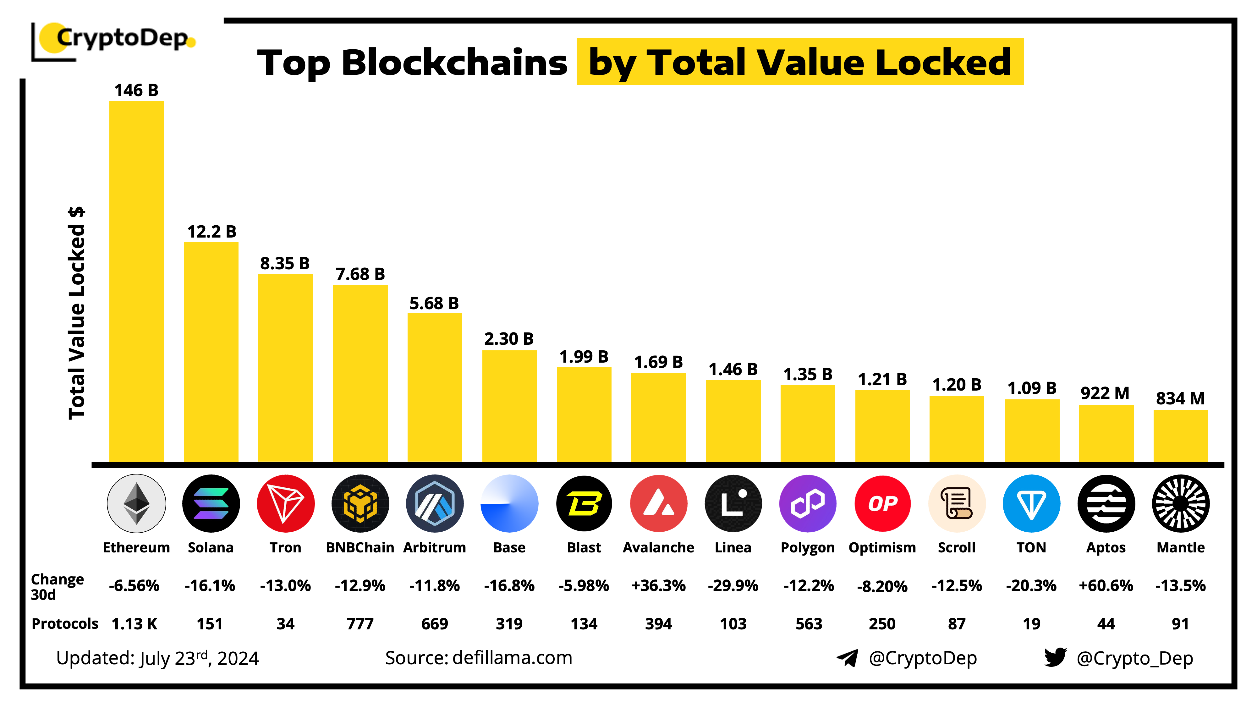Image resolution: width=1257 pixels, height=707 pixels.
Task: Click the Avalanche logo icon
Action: pos(658,503)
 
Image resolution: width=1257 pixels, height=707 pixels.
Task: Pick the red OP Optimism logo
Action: pos(882,503)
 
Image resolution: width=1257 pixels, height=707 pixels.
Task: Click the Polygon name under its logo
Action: pos(808,547)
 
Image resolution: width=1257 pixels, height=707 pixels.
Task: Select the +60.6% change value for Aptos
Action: pos(1106,585)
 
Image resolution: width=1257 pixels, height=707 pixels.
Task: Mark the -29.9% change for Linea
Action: pos(733,585)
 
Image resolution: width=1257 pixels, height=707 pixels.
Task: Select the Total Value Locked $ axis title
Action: pos(77,312)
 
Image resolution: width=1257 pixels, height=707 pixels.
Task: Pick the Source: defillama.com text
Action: pos(478,658)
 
